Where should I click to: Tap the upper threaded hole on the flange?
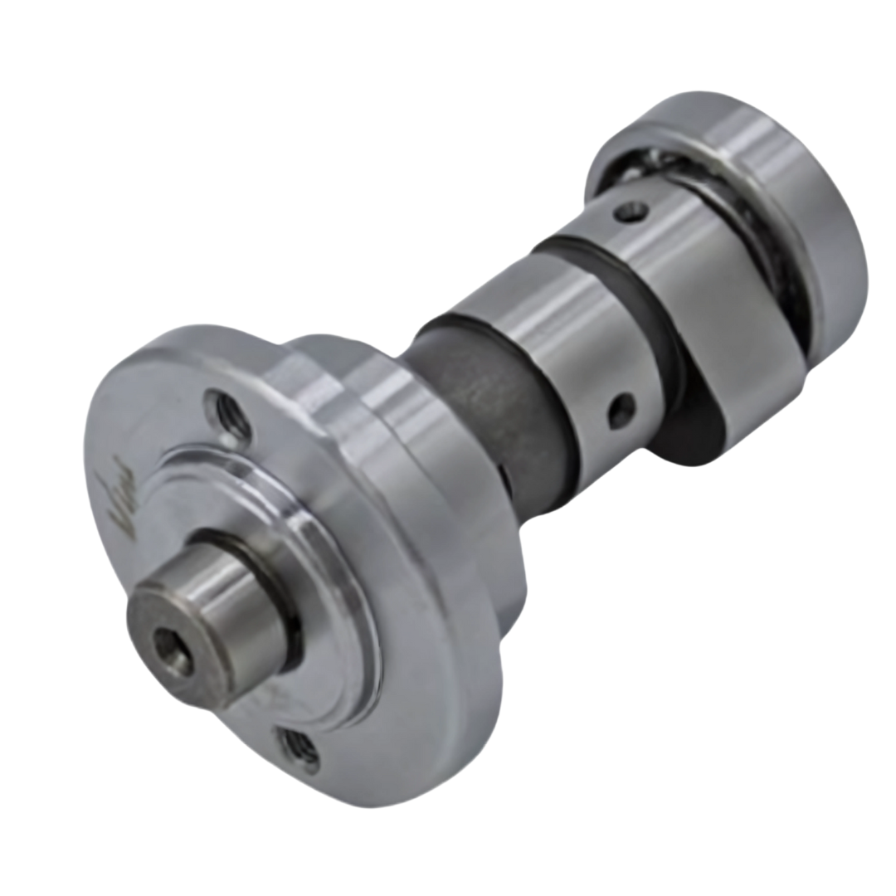click(x=229, y=414)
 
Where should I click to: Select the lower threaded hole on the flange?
click(x=298, y=751)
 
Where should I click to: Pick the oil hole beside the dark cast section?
click(x=621, y=410)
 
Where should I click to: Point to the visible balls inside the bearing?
click(x=639, y=166)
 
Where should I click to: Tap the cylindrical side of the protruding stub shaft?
click(x=241, y=597)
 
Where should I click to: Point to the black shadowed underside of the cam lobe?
click(x=689, y=431)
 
